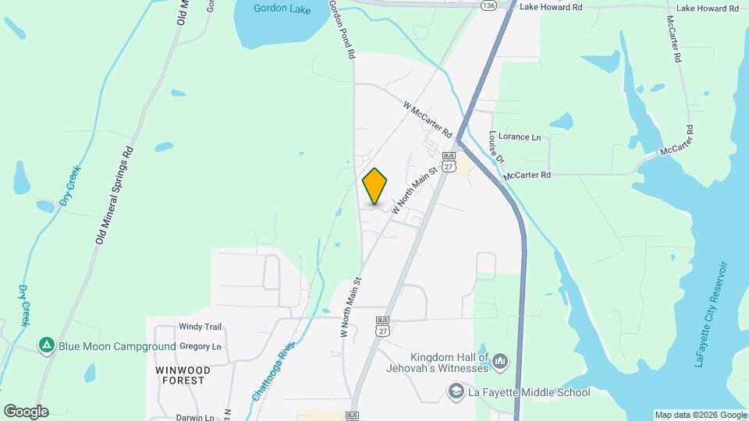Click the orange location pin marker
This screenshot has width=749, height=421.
375,186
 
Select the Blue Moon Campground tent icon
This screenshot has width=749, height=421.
47,345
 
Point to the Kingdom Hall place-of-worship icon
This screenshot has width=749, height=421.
500,363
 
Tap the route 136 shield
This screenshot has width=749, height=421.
488,5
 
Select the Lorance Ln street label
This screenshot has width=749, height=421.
520,137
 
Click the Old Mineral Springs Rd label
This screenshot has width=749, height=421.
115,195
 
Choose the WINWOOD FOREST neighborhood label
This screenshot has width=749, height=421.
179,375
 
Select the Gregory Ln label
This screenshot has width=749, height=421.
201,346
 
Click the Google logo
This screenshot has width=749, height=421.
26,412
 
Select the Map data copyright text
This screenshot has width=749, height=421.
699,415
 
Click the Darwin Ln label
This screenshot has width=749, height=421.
194,418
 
